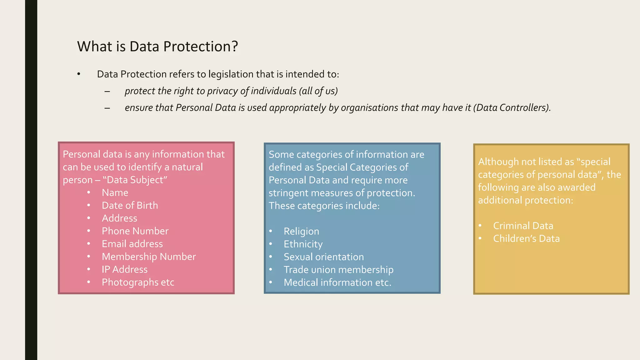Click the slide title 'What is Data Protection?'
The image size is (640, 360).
157,47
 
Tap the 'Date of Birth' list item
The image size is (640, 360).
130,206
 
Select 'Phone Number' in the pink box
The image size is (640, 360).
135,231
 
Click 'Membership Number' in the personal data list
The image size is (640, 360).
149,257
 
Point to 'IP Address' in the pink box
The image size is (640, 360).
124,270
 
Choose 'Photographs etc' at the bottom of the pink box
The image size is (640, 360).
138,282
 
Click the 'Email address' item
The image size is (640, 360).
132,244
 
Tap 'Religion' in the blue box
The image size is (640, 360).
301,232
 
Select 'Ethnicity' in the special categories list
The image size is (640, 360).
303,244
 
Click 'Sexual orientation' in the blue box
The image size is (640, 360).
323,257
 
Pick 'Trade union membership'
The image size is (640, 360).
338,270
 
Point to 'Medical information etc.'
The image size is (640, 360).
337,283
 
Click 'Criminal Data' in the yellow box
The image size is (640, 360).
523,226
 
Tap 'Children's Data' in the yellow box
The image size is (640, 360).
526,239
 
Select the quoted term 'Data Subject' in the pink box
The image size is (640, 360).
135,180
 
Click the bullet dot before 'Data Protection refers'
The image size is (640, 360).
79,74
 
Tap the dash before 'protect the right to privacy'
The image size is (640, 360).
107,92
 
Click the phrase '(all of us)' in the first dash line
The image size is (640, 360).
318,91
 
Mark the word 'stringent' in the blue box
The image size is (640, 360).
286,193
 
